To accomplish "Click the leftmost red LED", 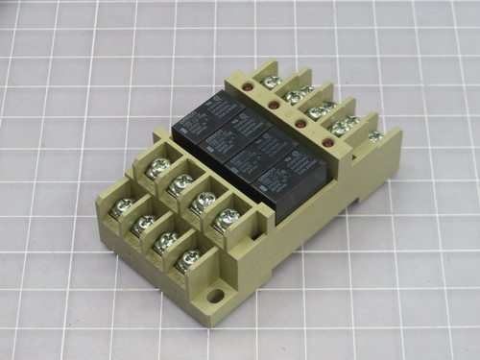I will tap(248, 87).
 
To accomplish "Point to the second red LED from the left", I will tap(275, 105).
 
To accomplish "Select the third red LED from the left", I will tap(300, 124).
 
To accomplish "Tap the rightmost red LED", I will tap(328, 144).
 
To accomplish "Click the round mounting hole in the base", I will tap(216, 296).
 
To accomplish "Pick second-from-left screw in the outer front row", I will tap(143, 224).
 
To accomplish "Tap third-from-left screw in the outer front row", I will tap(166, 241).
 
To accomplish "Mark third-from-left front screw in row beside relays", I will tap(203, 201).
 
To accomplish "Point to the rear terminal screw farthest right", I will tap(375, 135).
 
